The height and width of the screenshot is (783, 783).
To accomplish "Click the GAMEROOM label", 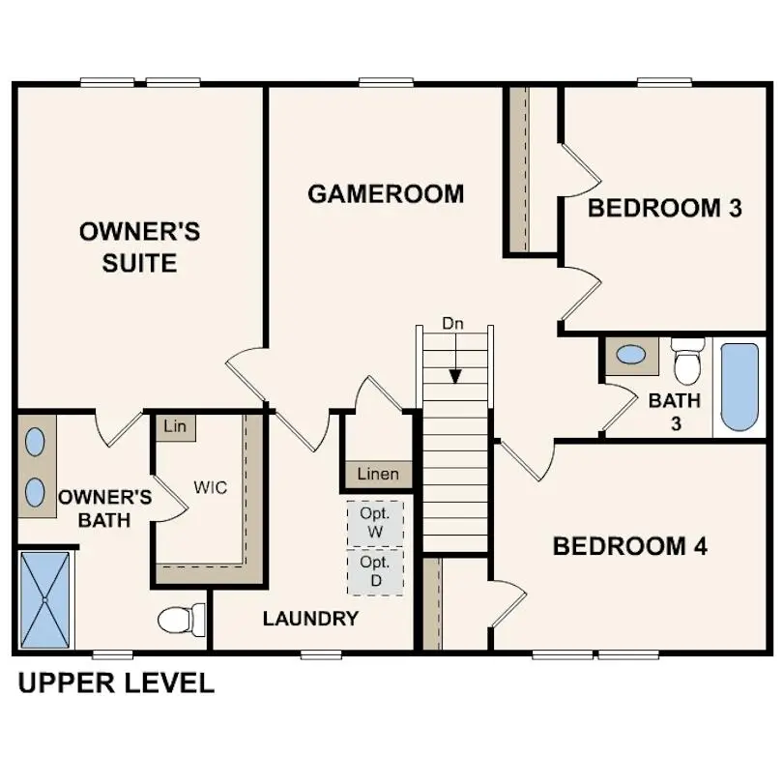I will coord(386,193).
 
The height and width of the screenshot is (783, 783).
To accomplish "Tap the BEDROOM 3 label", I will coord(665,208).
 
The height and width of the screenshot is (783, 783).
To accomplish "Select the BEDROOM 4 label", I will coord(629,546).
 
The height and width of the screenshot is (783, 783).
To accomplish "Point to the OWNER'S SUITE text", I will coord(139,246).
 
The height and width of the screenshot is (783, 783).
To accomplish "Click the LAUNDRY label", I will coord(310,619).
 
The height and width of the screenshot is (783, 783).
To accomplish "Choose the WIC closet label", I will coord(210,487).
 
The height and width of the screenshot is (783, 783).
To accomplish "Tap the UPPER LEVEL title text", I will coord(116,683).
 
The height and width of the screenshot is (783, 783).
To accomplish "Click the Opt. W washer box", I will coord(375,522).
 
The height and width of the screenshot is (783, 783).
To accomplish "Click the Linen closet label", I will coord(378,475).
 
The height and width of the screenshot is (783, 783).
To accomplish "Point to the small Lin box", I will coord(175,426).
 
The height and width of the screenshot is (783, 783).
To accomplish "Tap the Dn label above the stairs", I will coord(453,324).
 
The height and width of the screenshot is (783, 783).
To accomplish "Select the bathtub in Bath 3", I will coord(739,387).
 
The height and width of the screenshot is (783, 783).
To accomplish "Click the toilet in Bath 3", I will coord(688,360).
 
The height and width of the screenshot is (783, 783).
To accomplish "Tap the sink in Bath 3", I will coord(631,355).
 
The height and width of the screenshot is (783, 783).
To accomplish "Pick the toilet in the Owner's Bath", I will coord(182,619).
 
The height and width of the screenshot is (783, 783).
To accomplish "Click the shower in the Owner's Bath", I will coord(44,599).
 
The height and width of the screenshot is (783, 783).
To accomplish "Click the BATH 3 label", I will coord(674,411).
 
